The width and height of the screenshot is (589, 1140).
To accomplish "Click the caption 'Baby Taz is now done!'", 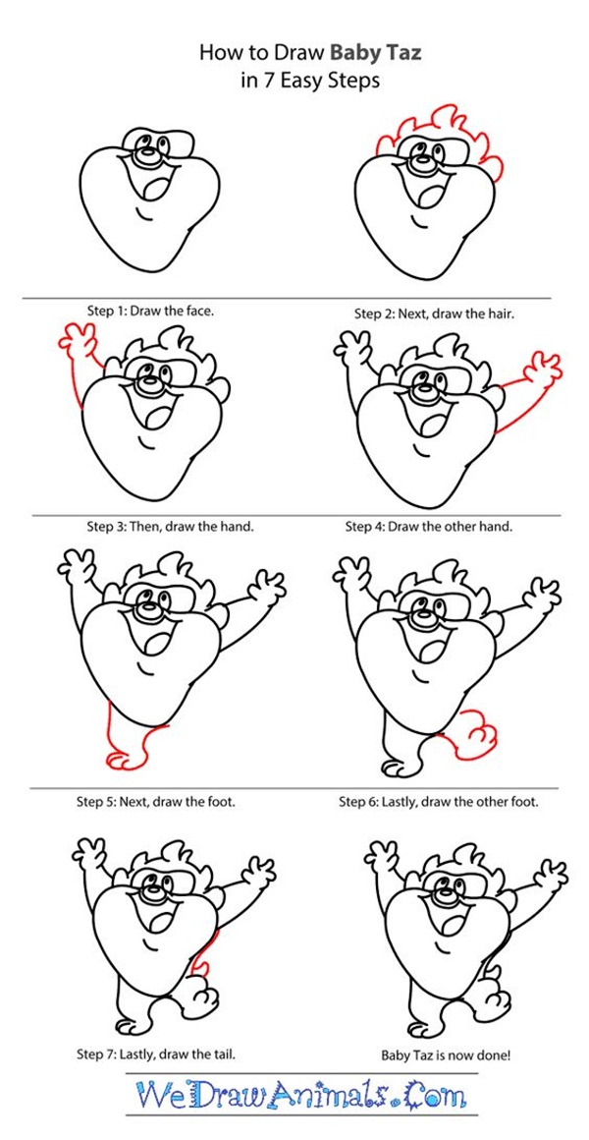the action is (446, 1054).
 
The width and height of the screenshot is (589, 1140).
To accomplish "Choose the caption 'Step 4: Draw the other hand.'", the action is (428, 527).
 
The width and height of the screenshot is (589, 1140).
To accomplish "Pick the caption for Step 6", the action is (439, 803).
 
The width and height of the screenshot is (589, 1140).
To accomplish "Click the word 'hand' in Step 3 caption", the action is (239, 527).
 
